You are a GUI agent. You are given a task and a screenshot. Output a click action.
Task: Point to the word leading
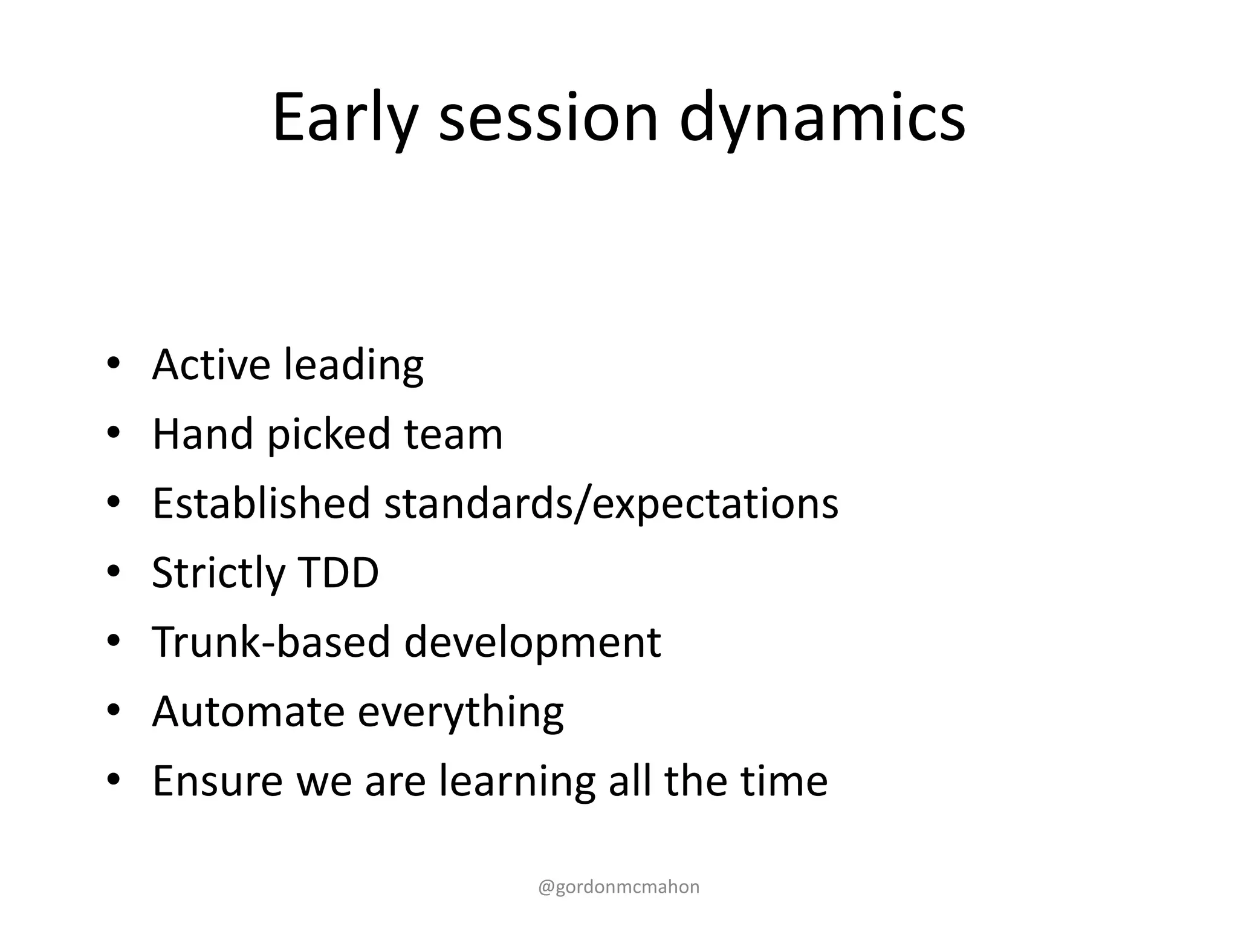click(354, 365)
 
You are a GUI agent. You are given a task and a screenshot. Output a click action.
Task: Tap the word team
click(453, 435)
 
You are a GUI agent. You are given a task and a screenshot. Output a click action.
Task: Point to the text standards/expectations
click(611, 504)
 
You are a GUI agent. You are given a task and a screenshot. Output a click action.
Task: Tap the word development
click(532, 642)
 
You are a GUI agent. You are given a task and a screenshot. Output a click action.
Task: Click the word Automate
click(248, 711)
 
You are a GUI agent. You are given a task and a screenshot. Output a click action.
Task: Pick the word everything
click(461, 712)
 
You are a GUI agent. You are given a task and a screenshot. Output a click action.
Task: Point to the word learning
click(517, 781)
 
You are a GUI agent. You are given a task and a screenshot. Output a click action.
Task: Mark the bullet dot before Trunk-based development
click(113, 641)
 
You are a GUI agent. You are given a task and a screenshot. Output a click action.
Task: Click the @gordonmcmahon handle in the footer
click(618, 887)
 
